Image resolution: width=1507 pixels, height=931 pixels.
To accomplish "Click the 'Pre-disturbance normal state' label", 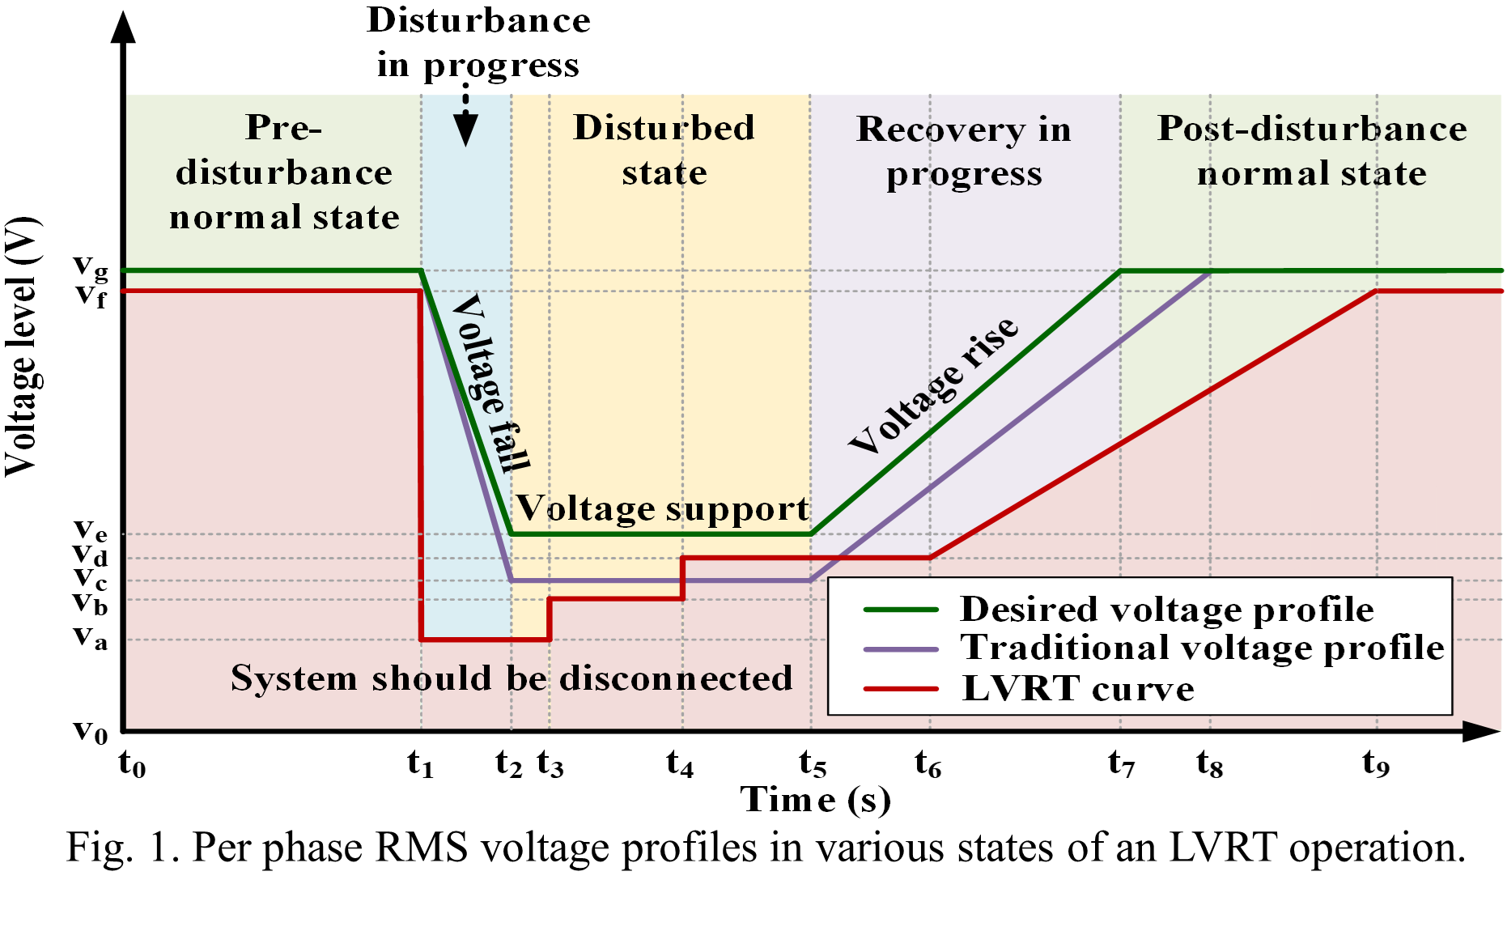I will click(284, 172).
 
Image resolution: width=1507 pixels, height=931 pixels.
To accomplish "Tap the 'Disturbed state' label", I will click(664, 151).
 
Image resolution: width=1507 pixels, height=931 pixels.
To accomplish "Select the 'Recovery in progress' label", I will click(964, 152).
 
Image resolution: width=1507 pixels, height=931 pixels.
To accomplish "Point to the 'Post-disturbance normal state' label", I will click(1312, 151).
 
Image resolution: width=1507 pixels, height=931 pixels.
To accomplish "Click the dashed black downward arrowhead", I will click(465, 129).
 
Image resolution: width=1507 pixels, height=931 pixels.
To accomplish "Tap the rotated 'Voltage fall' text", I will click(490, 383).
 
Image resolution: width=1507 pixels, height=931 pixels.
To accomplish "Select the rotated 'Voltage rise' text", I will click(934, 385).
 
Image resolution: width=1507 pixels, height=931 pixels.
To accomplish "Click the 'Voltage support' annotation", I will click(663, 509).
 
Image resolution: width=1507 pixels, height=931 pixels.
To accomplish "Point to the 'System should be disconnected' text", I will click(512, 678).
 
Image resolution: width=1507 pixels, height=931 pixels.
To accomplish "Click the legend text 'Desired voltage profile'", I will click(1166, 610).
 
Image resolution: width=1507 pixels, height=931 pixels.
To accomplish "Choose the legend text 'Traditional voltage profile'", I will click(1202, 648).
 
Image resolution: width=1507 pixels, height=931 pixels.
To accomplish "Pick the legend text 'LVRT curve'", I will click(1078, 689).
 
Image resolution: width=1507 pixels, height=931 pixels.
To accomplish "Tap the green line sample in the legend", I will click(901, 610).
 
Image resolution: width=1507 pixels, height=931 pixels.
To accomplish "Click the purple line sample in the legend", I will click(901, 649).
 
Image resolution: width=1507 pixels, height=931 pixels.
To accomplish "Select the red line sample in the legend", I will click(901, 689).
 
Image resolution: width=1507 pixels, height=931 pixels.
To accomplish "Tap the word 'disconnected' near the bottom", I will click(676, 678).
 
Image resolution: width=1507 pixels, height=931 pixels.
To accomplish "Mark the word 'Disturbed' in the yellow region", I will click(664, 128).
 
